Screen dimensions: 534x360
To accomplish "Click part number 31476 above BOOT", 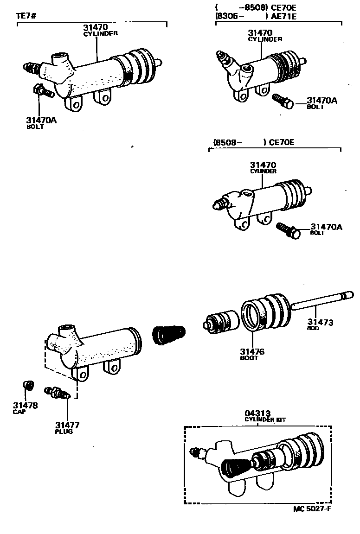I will (252, 352).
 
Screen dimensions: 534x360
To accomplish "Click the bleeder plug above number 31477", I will (57, 393).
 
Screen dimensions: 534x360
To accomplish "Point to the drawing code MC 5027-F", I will (312, 509).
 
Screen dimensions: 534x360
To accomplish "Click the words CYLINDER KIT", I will (265, 420).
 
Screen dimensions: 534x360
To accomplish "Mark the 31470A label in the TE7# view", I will (40, 120).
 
